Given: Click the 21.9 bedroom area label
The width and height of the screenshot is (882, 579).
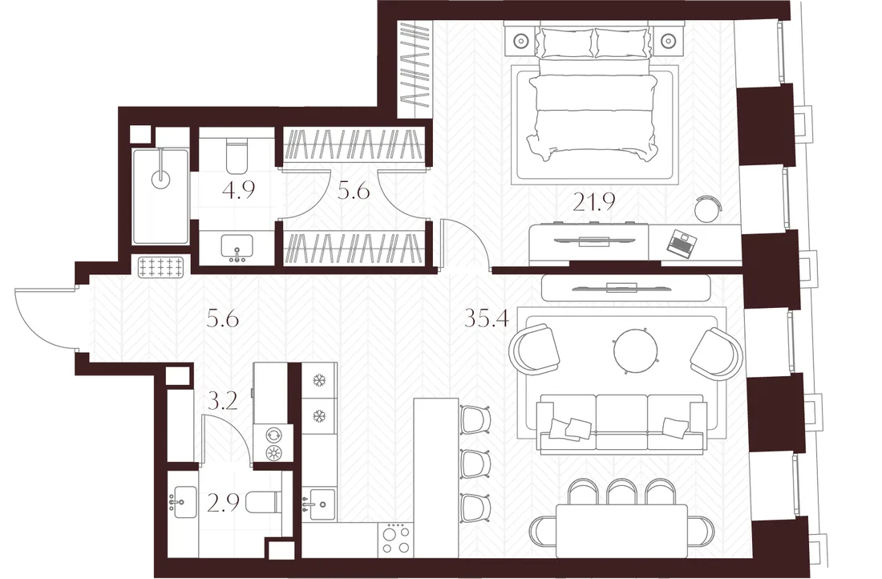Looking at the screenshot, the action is [x=594, y=201].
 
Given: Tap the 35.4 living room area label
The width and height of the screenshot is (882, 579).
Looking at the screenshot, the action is [x=487, y=318].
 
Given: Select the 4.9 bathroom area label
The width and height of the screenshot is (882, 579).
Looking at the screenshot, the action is [x=238, y=190].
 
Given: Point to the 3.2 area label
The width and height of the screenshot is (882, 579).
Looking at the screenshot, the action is [x=222, y=402].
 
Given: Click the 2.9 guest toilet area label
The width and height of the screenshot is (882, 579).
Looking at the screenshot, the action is [x=224, y=503].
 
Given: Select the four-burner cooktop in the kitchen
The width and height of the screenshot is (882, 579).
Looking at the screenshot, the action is [x=396, y=538].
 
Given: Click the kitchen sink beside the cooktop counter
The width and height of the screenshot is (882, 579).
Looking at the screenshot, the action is [x=319, y=504].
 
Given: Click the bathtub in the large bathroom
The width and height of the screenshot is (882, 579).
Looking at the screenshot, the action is [x=161, y=196].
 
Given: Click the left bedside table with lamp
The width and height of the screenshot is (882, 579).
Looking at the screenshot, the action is [x=521, y=41].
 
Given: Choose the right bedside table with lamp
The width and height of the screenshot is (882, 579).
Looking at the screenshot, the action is [x=667, y=41].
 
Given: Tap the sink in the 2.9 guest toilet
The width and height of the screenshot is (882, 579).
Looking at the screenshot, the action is [x=183, y=502].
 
